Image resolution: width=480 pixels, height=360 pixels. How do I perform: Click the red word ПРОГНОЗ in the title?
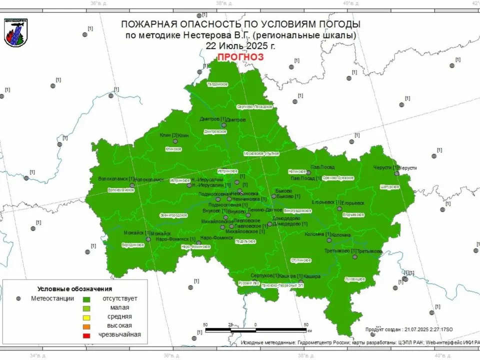point(240,57)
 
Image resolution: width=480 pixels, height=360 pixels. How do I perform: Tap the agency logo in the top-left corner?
point(16,33)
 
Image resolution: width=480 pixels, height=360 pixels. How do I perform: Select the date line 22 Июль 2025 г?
point(240,45)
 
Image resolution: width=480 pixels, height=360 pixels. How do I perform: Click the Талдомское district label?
point(217,84)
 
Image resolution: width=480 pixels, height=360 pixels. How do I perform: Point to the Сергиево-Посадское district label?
point(254,106)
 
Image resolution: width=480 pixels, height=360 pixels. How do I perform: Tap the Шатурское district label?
point(390,186)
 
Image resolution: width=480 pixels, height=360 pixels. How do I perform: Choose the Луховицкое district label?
point(355,279)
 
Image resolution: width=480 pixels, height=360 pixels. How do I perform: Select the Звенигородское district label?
point(173,215)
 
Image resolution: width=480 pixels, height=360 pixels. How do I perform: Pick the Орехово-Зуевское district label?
point(338,178)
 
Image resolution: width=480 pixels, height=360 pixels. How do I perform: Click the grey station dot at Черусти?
point(396,173)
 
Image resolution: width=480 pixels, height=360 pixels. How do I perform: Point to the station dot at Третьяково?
point(354,256)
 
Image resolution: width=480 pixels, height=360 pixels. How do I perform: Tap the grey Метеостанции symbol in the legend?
point(18,298)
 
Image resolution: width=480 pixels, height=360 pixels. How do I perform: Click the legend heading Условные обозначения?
point(74,289)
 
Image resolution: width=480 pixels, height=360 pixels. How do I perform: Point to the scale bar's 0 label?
point(255,324)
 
